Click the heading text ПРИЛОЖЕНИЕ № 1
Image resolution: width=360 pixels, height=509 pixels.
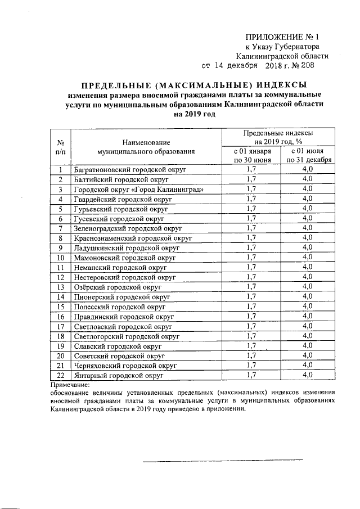pos(282,35)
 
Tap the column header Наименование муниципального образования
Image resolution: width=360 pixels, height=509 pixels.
pos(145,147)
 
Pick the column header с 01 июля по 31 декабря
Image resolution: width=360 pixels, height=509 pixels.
pos(308,156)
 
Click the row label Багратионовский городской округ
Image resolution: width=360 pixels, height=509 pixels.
pos(129,169)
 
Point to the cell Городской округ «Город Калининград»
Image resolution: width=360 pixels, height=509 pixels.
pos(138,189)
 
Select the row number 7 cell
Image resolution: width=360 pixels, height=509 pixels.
pos(60,228)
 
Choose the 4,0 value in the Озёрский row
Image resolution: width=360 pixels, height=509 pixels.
pos(308,287)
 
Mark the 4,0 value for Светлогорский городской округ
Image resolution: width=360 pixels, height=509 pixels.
pos(308,336)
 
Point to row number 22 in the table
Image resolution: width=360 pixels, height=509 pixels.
pos(60,375)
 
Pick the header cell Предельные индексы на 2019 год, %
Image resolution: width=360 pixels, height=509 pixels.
pos(278,137)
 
